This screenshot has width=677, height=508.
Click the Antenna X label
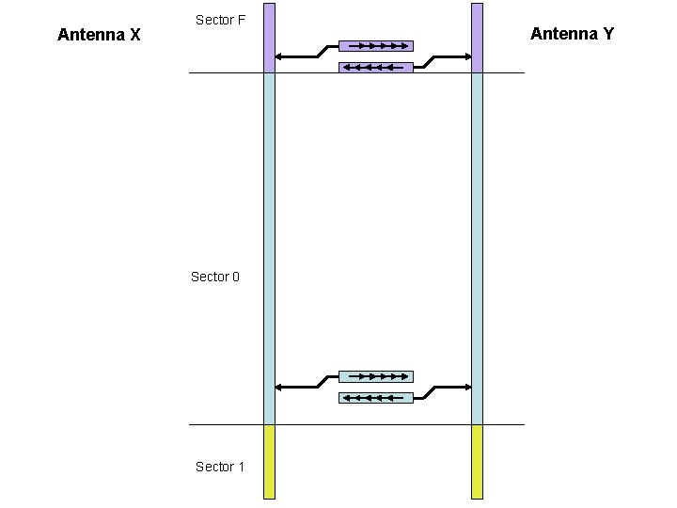click(99, 35)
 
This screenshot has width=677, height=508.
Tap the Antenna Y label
click(572, 34)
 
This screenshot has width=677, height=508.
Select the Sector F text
click(220, 19)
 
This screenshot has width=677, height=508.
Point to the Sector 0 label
click(215, 277)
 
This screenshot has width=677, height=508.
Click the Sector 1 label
click(220, 467)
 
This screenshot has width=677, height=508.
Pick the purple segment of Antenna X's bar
click(270, 38)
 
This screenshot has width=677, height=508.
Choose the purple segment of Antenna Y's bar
click(477, 38)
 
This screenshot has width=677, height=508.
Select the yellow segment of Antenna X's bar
click(270, 461)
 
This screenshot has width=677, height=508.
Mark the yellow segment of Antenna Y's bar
click(477, 461)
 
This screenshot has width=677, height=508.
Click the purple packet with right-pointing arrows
click(376, 45)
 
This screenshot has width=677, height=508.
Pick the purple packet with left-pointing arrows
click(376, 67)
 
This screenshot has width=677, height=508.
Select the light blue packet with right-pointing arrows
click(376, 376)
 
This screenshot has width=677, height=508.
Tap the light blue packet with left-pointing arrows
click(376, 398)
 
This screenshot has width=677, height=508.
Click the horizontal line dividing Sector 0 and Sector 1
click(357, 424)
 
